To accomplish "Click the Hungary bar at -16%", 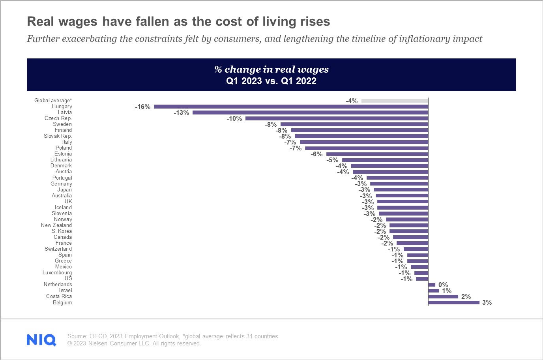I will tap(291, 107).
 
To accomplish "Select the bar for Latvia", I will tap(310, 112).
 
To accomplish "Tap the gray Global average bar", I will tap(395, 101).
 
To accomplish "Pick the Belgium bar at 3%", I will tap(454, 302).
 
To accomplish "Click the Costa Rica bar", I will tap(443, 296).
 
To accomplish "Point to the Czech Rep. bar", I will tap(337, 118).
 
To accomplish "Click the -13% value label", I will tap(182, 113).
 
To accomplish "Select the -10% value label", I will tap(234, 119).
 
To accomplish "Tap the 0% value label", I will tap(443, 285).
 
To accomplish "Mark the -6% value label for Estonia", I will tap(316, 154).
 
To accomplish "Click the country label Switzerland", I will tap(58, 249).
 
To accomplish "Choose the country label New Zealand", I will tap(56, 225).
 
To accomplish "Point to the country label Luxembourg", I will tap(57, 273).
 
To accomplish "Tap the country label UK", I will tap(68, 202).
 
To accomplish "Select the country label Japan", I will tap(64, 190).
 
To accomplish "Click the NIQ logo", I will tap(41, 340).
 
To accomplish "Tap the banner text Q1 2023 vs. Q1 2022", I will tap(271, 81).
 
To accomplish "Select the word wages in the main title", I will tap(78, 21).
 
